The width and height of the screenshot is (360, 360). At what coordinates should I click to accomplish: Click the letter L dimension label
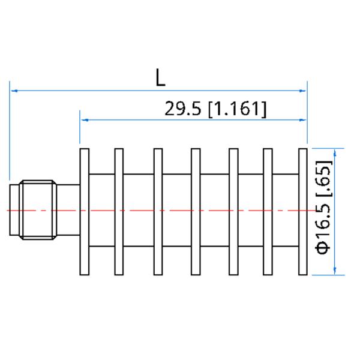tap(159, 77)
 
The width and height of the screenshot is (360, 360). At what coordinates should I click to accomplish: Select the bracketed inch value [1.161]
tap(236, 109)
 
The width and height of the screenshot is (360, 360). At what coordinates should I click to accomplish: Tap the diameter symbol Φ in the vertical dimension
tap(322, 247)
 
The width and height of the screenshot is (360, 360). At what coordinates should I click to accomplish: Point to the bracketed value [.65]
tap(322, 178)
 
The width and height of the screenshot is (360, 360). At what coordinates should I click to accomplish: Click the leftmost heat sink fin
tap(85, 211)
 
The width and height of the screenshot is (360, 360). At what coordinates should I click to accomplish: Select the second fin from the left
tap(119, 211)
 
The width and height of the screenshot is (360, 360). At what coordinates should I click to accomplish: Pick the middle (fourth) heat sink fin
tap(195, 211)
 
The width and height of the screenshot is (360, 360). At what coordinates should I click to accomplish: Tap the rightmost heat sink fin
tap(303, 211)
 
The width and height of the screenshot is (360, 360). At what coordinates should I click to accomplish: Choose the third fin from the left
tap(157, 211)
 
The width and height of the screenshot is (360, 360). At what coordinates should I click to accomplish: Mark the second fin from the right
tap(268, 211)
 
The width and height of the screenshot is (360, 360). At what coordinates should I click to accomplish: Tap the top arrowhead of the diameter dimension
tap(335, 152)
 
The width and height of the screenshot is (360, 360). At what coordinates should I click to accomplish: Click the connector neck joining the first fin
tap(69, 211)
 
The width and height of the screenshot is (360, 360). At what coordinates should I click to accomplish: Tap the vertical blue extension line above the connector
tap(10, 132)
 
